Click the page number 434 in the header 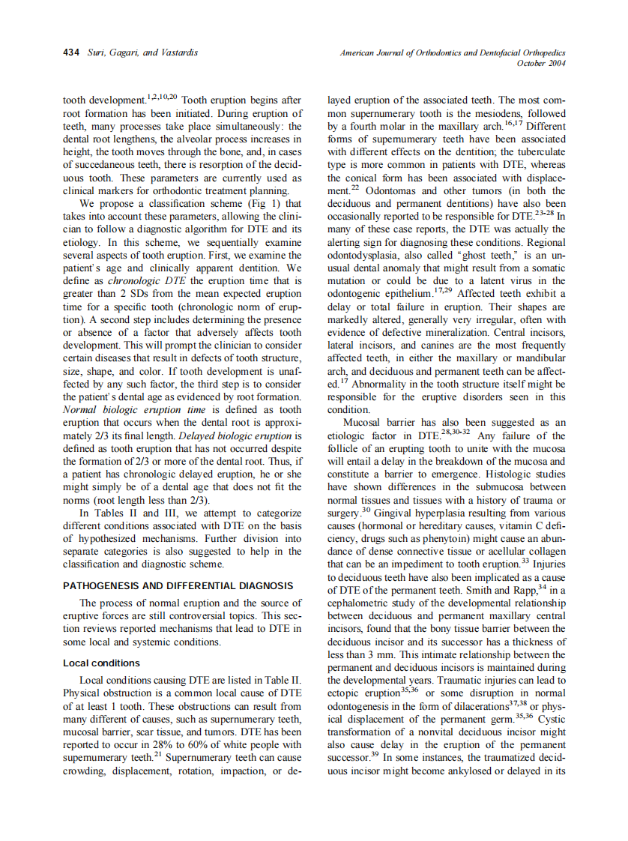pos(72,52)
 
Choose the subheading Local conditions pos(101,663)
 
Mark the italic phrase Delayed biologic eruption pos(229,435)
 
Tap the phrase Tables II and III pos(143,513)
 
